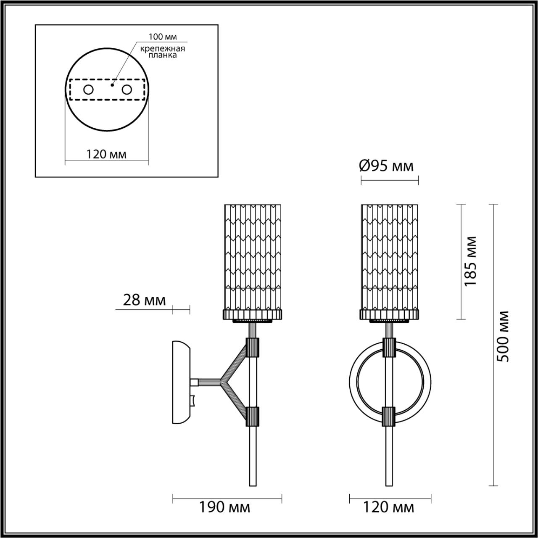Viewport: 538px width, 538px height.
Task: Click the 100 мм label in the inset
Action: click(x=163, y=37)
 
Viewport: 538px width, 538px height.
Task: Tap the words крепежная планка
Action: click(x=163, y=52)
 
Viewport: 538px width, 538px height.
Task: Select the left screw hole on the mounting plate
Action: click(x=89, y=90)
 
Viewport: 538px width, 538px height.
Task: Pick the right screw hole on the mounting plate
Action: click(x=127, y=90)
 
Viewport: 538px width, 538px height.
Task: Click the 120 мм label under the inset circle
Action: click(x=106, y=154)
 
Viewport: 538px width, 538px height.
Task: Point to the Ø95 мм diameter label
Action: click(x=386, y=166)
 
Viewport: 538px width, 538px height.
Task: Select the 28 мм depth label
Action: click(x=144, y=300)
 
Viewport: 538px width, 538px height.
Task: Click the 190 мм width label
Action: click(x=225, y=507)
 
